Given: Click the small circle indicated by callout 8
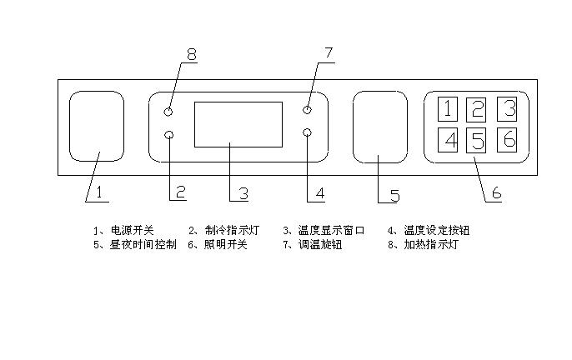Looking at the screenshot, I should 169,112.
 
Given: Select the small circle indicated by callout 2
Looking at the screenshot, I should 169,135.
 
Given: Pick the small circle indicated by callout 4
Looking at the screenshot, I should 308,133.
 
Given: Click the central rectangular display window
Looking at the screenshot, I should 238,124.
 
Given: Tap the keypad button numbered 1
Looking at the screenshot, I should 449,109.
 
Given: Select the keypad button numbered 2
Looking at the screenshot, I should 476,109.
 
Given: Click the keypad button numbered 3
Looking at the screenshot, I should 508,108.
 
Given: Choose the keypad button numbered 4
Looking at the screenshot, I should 449,139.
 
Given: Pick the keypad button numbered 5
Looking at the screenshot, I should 476,140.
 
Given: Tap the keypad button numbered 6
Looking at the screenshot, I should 508,138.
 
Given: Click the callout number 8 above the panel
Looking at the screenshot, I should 191,56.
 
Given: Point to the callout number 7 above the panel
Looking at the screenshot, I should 328,53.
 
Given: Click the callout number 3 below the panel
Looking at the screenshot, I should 243,194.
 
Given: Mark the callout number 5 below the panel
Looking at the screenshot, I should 394,196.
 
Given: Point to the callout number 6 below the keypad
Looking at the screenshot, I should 495,193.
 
